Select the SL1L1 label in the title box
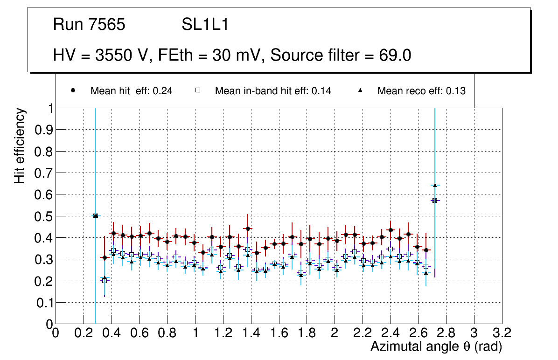click(x=205, y=25)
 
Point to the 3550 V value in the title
click(x=123, y=55)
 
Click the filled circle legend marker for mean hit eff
click(x=73, y=91)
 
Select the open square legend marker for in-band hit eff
click(x=197, y=91)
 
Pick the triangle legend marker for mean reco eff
click(x=360, y=91)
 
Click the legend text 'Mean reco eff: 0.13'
click(x=421, y=91)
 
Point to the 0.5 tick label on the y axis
click(x=43, y=216)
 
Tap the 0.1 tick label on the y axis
click(x=43, y=303)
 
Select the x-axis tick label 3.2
click(x=502, y=332)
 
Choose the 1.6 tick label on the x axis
click(x=279, y=332)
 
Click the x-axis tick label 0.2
click(x=84, y=332)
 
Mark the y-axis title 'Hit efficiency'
click(x=20, y=145)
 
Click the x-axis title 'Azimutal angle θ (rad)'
click(x=436, y=346)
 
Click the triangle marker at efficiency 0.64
click(x=435, y=185)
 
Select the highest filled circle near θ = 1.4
click(x=248, y=228)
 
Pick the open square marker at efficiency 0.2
click(x=105, y=280)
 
